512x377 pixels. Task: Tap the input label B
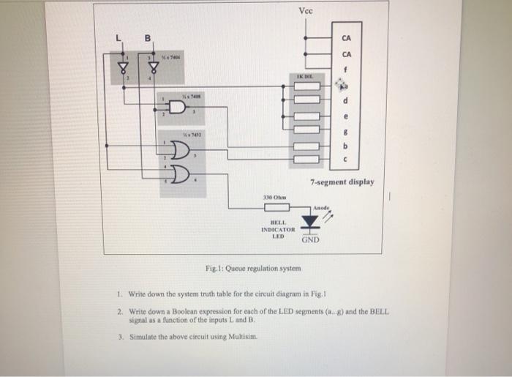point(146,38)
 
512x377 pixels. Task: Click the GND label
point(310,240)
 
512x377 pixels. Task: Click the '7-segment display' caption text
point(342,182)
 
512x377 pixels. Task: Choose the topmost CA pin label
point(346,38)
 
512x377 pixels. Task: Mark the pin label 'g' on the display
point(344,130)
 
